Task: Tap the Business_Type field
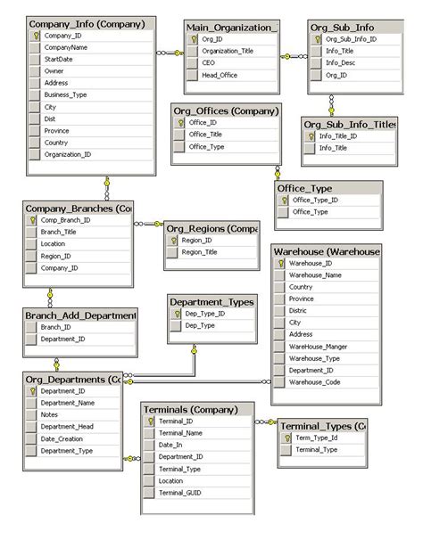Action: [x=66, y=94]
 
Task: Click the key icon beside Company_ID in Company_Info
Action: [x=35, y=36]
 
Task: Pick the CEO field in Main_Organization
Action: [x=207, y=63]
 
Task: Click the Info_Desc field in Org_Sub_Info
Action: [x=342, y=63]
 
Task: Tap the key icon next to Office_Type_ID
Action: [x=284, y=200]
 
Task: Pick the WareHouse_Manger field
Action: [x=319, y=346]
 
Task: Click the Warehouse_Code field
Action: [x=315, y=381]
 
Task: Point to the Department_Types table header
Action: [x=211, y=302]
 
